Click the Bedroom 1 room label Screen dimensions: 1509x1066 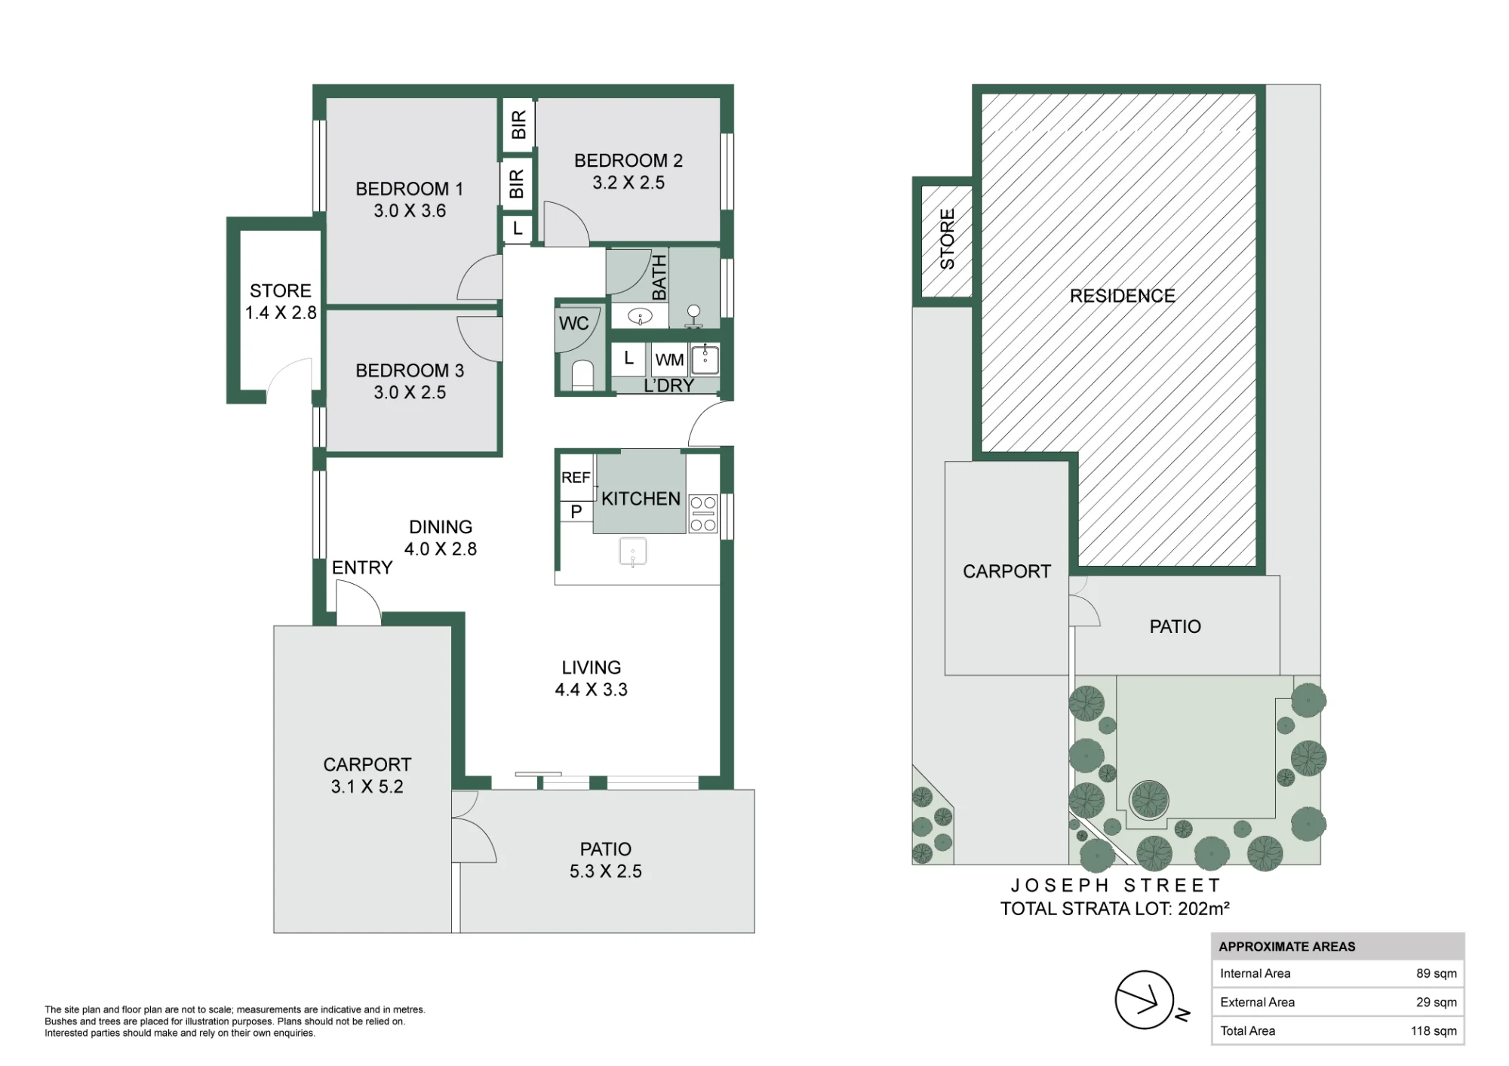click(409, 189)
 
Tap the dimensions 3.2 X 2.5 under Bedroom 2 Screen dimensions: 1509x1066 click(628, 183)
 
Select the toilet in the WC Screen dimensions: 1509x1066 click(582, 375)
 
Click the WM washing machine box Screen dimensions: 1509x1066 click(669, 360)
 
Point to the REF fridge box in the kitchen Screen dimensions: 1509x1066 click(576, 477)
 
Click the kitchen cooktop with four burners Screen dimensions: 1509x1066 click(703, 514)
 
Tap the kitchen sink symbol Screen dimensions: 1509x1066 click(632, 551)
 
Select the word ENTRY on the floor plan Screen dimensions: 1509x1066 click(362, 567)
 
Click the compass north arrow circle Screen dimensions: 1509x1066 click(1145, 1000)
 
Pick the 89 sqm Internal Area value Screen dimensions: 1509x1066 click(1436, 973)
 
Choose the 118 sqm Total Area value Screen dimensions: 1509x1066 click(1434, 1031)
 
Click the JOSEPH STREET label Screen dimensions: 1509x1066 click(1115, 885)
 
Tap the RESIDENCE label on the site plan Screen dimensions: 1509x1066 click(1122, 296)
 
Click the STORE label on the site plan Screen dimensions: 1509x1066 click(947, 239)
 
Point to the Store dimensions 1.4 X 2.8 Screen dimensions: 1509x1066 click(281, 312)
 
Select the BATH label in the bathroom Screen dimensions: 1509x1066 click(659, 278)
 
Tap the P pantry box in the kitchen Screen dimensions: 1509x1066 click(576, 511)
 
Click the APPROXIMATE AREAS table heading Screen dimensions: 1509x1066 click(1286, 947)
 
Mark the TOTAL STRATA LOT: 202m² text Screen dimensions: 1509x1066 click(1114, 908)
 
